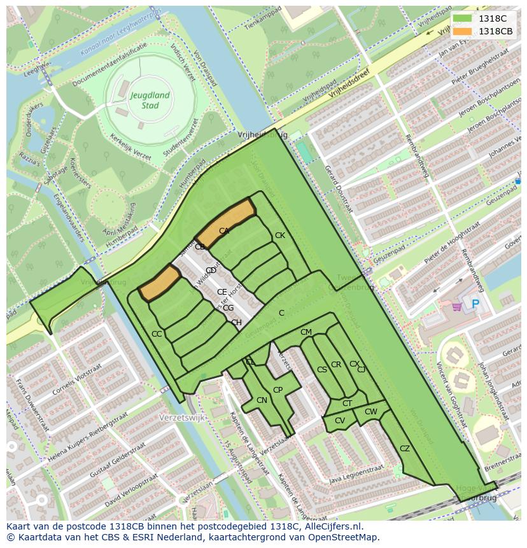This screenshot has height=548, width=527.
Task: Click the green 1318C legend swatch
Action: [464, 18]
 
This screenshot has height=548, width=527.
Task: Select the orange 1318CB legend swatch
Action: [464, 31]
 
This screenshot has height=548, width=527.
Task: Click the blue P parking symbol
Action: [475, 305]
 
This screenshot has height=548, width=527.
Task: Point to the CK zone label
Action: [279, 235]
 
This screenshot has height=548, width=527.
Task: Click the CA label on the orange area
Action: [224, 231]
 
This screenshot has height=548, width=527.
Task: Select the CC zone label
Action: [157, 334]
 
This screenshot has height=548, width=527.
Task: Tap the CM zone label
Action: [306, 332]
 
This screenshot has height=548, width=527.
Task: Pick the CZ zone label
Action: [405, 449]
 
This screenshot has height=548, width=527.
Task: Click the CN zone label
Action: [262, 400]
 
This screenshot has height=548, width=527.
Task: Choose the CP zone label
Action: [278, 390]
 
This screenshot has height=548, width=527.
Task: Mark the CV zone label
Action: [339, 421]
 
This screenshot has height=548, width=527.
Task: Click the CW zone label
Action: [370, 412]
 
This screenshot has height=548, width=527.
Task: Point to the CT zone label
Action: [347, 404]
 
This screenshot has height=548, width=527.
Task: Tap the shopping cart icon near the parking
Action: [456, 307]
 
